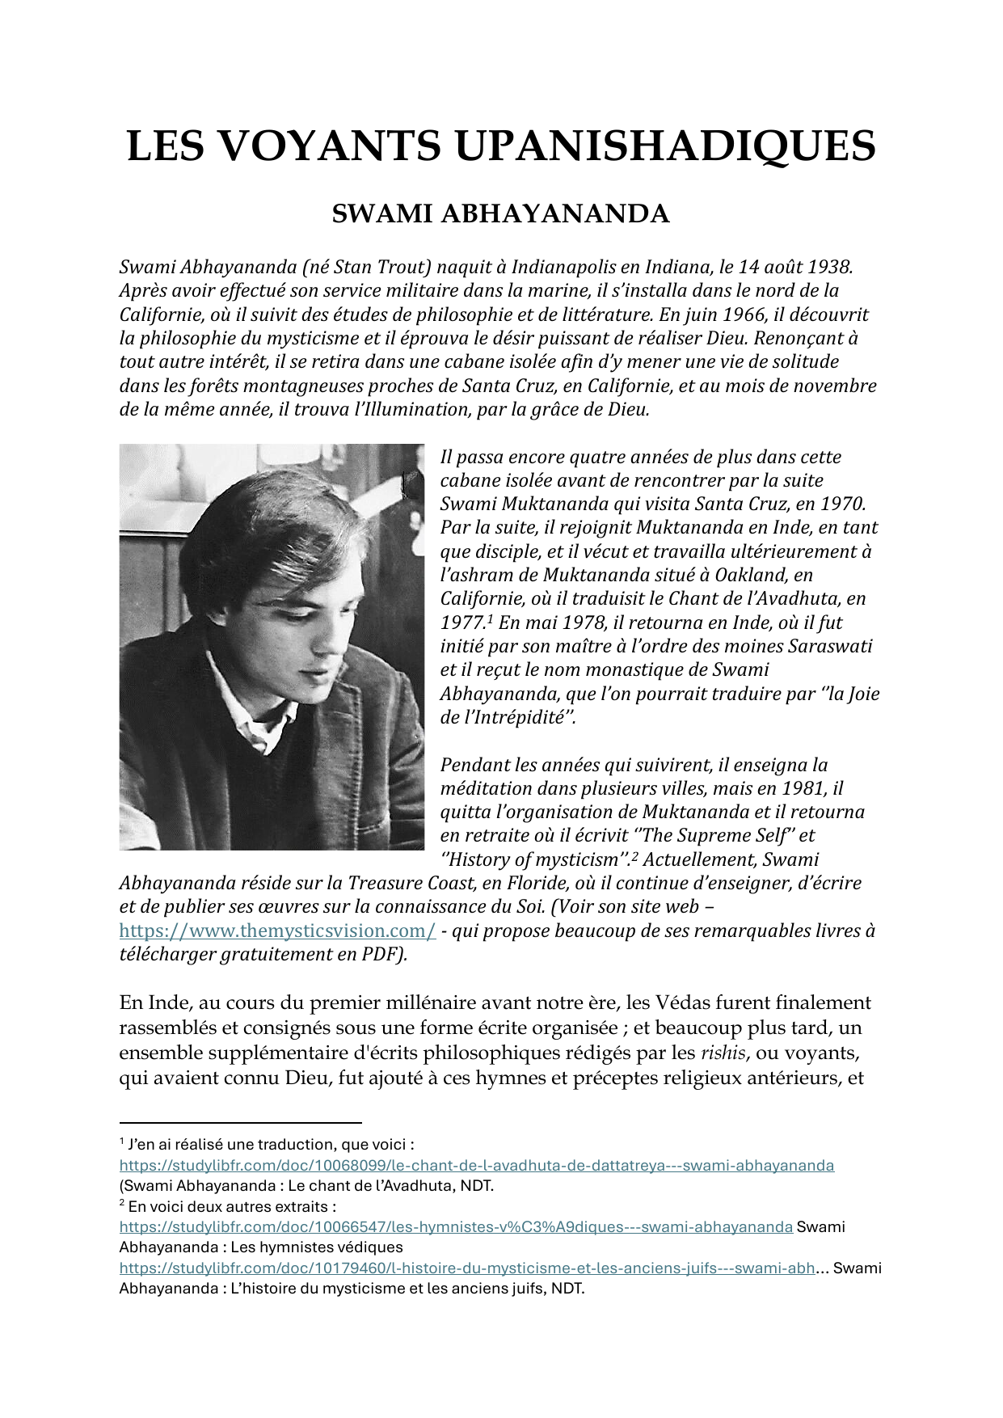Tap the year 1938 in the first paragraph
[x=829, y=266]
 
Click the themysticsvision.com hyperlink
[x=277, y=931]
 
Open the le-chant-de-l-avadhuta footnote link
[x=476, y=1166]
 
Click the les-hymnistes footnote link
[x=456, y=1227]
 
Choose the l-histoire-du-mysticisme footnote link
[x=467, y=1268]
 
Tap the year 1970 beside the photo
[x=841, y=504]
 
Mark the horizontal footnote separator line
[x=240, y=1122]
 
